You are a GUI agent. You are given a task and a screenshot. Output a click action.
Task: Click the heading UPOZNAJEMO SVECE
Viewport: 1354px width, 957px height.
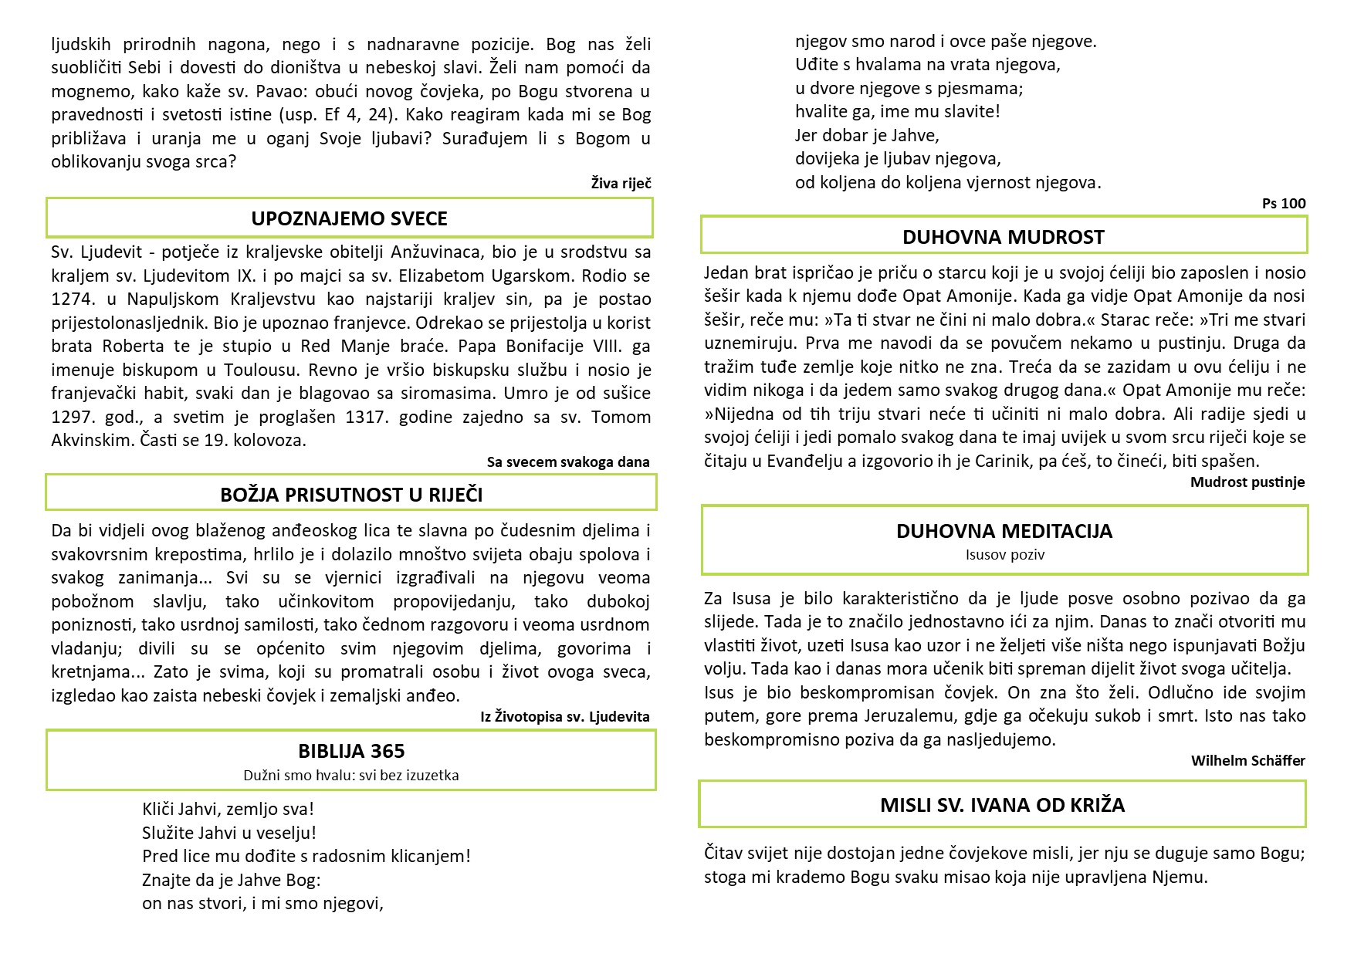click(349, 218)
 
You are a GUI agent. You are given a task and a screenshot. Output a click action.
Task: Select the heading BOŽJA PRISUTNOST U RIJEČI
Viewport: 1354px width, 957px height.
click(351, 495)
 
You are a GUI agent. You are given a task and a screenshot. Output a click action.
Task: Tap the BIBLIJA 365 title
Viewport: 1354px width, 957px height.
click(351, 751)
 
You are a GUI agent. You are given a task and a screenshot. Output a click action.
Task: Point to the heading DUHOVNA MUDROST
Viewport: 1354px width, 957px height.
click(1004, 237)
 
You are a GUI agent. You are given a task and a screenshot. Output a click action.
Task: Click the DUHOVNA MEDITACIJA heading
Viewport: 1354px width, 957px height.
click(1004, 531)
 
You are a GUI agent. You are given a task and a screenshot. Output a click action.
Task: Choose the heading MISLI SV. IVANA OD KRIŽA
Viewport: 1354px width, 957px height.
click(1002, 805)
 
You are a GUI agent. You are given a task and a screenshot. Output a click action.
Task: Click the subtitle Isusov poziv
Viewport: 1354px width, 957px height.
click(1004, 554)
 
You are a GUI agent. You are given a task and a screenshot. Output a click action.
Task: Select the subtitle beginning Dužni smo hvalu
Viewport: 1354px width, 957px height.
click(351, 775)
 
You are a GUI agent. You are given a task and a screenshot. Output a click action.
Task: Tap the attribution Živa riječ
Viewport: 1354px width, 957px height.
click(621, 183)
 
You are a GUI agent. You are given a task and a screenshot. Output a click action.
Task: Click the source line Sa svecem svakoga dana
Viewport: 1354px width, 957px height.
click(568, 462)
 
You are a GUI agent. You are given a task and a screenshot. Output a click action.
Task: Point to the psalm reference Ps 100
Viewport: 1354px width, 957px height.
click(1284, 204)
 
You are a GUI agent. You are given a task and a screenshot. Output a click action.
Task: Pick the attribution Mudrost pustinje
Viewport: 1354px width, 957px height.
click(1247, 482)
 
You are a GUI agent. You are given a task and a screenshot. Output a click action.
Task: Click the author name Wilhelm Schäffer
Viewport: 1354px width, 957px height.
click(1247, 761)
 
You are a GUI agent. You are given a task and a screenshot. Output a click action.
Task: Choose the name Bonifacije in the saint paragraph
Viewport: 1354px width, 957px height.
click(540, 346)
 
